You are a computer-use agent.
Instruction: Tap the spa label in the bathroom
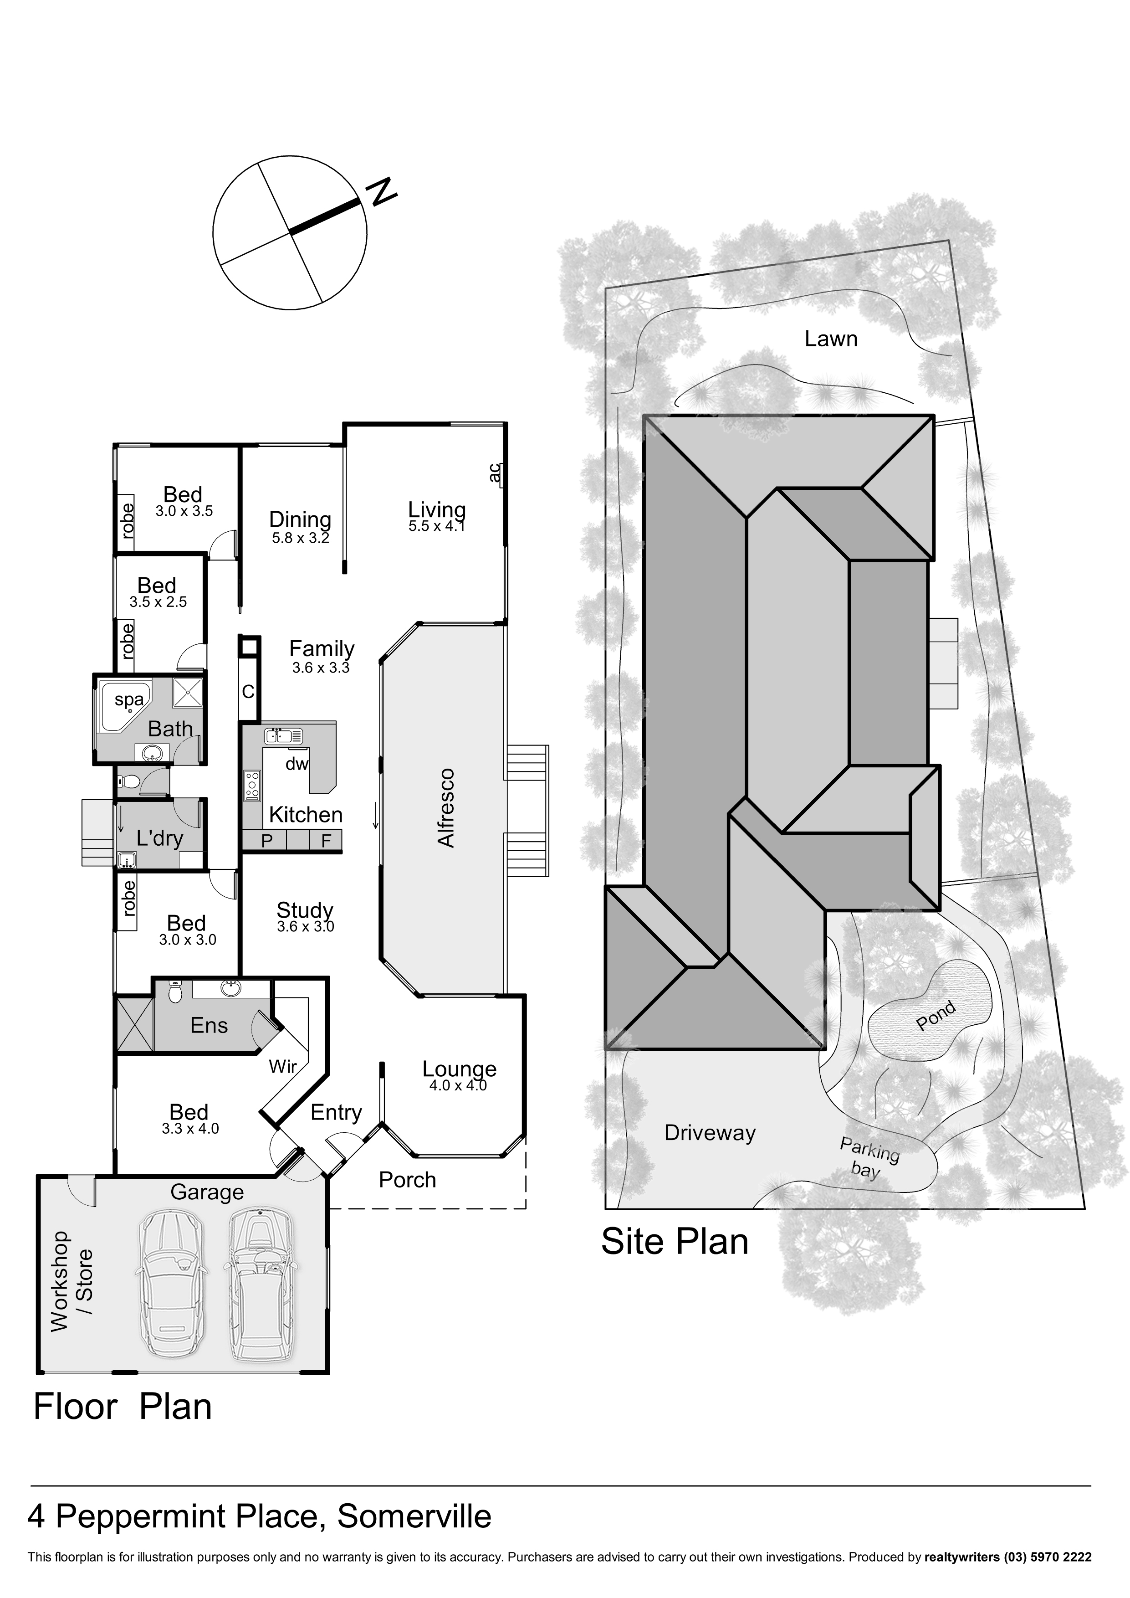(129, 699)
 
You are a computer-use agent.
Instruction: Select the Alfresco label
(445, 808)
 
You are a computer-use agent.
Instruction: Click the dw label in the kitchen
(297, 764)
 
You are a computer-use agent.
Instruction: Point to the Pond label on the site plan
(936, 1016)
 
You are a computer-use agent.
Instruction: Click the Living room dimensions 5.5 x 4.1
(436, 526)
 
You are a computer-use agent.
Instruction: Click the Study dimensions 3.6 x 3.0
(306, 926)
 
